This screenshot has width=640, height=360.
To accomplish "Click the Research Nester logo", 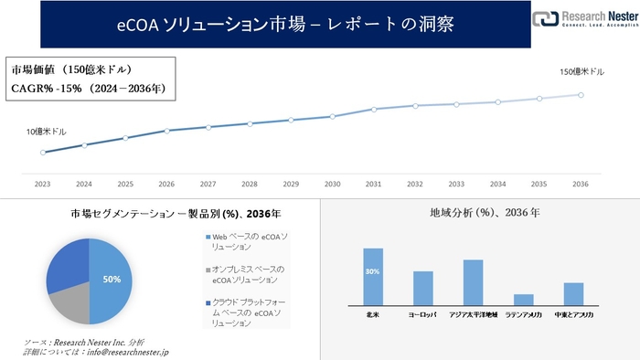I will pos(584,19).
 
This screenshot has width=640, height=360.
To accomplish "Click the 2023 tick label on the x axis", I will pos(42,184).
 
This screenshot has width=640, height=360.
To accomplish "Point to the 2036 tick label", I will pos(581,184).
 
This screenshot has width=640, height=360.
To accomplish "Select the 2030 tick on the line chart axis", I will pos(332,184).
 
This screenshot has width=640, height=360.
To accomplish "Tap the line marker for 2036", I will pos(581,94).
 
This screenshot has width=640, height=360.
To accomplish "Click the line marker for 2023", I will pos(42,152).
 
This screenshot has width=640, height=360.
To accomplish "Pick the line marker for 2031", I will pos(373,109).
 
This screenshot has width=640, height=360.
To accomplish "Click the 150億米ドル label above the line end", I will pos(581,71).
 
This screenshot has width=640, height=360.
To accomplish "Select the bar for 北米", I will pos(373,276).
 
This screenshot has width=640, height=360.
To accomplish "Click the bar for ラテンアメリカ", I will pos(524,299).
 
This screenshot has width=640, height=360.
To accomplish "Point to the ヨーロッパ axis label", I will pos(422,314).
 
